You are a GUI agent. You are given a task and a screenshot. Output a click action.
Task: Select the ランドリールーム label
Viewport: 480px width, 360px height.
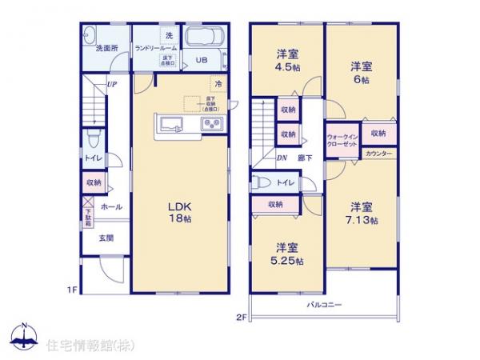coord(156,49)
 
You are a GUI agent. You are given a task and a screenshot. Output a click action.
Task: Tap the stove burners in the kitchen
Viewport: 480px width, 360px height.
coord(213,124)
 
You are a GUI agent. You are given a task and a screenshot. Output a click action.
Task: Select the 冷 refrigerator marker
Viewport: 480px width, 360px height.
coord(217,82)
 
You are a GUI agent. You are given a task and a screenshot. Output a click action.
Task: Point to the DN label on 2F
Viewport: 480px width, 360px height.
coord(282,157)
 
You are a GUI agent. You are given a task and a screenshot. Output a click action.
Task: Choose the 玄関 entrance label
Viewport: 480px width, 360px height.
coord(106,238)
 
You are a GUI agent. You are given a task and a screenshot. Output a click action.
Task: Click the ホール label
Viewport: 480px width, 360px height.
coord(112,206)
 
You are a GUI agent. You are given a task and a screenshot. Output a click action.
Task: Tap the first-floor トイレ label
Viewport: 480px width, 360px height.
coord(93,158)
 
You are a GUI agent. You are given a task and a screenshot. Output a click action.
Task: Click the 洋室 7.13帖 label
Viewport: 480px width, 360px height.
coord(360,212)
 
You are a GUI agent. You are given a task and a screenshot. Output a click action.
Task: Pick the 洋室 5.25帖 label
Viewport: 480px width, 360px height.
coord(288,254)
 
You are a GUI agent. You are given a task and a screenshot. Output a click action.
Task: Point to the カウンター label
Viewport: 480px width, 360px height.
coord(378,153)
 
